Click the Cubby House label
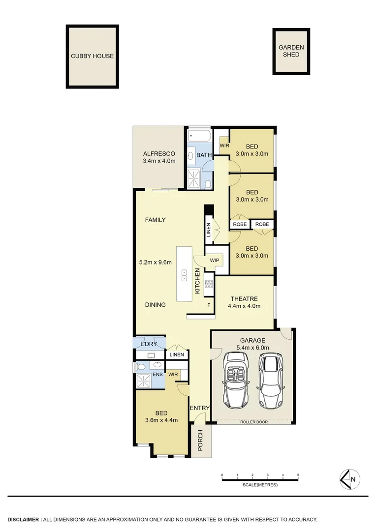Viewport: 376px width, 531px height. (92, 56)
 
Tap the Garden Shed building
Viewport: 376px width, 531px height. (291, 51)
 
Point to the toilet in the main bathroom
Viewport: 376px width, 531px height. (208, 184)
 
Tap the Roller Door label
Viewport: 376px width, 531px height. (254, 422)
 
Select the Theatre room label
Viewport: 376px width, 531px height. (244, 298)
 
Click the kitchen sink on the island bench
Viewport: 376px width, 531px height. (185, 275)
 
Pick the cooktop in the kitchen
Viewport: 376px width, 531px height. (208, 284)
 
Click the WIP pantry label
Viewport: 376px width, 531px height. (215, 260)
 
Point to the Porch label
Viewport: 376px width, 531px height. (200, 441)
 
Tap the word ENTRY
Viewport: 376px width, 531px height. (200, 408)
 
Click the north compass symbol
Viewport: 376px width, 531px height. (350, 479)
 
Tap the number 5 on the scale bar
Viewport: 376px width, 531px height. (298, 475)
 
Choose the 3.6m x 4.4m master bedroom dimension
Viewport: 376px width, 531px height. (161, 420)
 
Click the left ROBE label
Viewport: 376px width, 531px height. (240, 224)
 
